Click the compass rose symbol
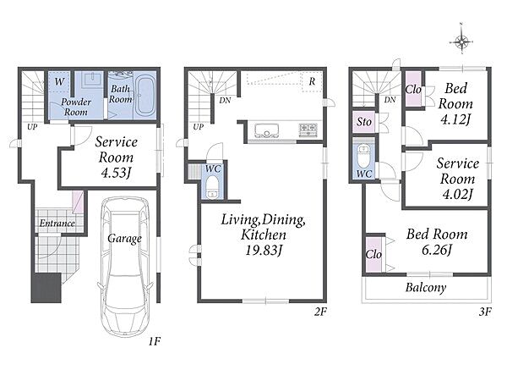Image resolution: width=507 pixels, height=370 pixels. pyautogui.click(x=461, y=41)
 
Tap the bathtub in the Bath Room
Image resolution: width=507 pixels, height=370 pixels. pyautogui.click(x=144, y=96)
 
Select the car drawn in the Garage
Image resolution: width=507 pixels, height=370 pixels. pyautogui.click(x=124, y=267)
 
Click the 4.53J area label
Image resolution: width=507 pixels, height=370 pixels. pyautogui.click(x=116, y=173)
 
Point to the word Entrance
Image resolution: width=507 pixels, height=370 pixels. pyautogui.click(x=57, y=224)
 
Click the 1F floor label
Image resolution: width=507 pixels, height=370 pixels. pyautogui.click(x=155, y=341)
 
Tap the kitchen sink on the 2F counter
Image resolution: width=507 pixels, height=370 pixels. pyautogui.click(x=266, y=131)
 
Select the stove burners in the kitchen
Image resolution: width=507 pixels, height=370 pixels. pyautogui.click(x=308, y=130)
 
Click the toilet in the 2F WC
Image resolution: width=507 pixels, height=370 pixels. pyautogui.click(x=213, y=187)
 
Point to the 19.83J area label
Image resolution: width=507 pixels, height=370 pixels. pyautogui.click(x=264, y=250)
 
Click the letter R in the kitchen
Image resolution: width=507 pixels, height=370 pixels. pyautogui.click(x=312, y=81)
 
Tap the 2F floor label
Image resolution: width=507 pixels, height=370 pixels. pyautogui.click(x=320, y=312)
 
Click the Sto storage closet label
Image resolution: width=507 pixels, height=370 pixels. pyautogui.click(x=363, y=122)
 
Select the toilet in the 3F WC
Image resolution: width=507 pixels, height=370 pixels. pyautogui.click(x=363, y=156)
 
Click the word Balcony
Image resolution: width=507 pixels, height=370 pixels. pyautogui.click(x=426, y=287)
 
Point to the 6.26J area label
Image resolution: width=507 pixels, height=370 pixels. pyautogui.click(x=437, y=250)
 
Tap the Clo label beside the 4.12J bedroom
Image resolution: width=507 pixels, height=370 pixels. pyautogui.click(x=413, y=90)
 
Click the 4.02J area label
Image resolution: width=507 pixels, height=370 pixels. pyautogui.click(x=457, y=195)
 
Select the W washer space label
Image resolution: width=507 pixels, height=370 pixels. pyautogui.click(x=59, y=81)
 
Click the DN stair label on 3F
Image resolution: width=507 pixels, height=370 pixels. pyautogui.click(x=390, y=100)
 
